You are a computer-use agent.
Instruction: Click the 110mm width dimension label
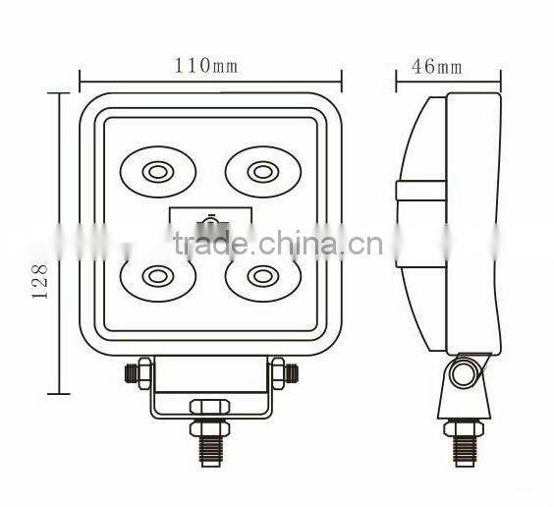click(206, 65)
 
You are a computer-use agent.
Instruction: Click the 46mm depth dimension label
click(436, 67)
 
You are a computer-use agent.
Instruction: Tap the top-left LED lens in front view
click(156, 173)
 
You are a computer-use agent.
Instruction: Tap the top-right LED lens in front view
click(260, 173)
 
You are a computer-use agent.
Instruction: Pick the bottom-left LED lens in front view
click(156, 276)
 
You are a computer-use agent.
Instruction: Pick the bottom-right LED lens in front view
click(260, 276)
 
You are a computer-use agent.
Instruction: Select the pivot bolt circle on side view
click(462, 373)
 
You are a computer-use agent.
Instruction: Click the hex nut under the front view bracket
click(209, 406)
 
